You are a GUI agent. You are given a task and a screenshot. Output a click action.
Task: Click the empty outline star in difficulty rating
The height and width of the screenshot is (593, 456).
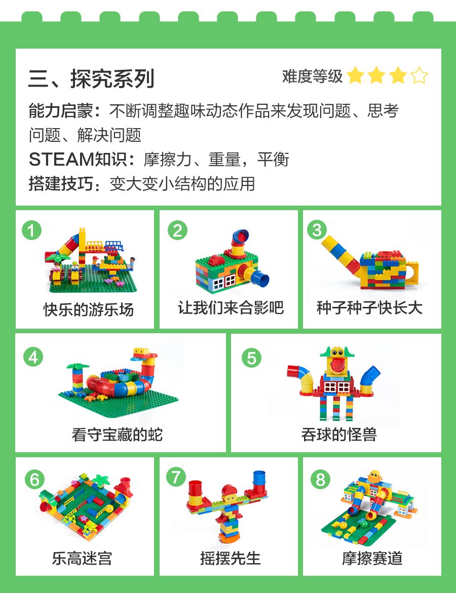coord(420,75)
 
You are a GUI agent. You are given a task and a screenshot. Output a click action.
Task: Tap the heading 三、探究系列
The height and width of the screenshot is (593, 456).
coord(91,78)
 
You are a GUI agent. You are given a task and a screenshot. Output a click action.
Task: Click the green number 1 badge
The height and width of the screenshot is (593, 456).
coord(32,230)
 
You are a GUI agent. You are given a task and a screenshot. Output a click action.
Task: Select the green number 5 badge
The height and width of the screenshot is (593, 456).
coord(251,358)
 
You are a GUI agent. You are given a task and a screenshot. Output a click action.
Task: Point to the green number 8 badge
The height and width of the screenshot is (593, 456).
coord(320,480)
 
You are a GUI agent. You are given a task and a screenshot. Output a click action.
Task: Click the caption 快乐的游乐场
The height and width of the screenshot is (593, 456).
coord(89,309)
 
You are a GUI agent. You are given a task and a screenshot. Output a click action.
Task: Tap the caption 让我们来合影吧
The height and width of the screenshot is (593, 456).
coord(231,307)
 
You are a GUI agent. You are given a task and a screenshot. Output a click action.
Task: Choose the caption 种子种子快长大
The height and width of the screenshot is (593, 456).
coord(369,307)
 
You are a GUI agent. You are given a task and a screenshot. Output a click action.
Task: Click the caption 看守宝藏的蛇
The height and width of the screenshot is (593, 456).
coord(118,434)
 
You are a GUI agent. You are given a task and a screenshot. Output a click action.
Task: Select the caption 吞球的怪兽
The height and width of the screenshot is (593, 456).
coord(339,434)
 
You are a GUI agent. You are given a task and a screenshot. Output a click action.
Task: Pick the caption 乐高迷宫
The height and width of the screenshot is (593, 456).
coord(82,558)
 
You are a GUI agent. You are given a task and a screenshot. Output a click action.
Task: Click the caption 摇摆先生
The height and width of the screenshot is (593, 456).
coord(231,558)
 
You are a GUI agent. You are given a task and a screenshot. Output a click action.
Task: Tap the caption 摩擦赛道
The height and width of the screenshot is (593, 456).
coord(372,558)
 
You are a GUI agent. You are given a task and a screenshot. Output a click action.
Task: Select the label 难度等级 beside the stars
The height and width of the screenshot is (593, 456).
coord(312,76)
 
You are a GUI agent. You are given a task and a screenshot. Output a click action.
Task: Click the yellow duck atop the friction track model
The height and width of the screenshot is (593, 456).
coord(375,476)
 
